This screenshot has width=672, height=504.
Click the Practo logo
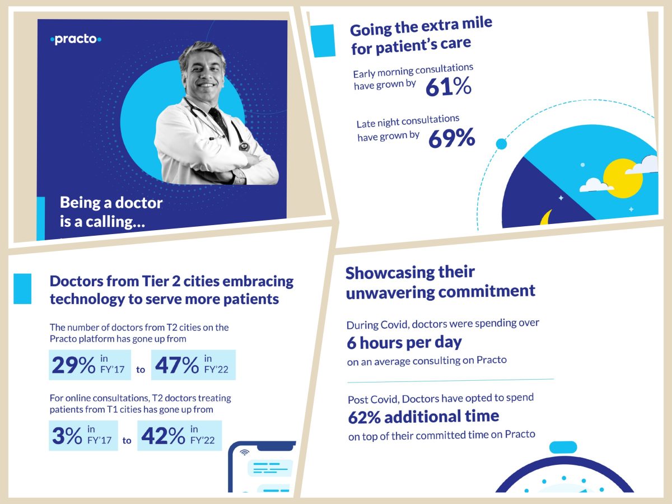tap(76, 40)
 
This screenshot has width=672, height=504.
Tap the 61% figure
tap(448, 87)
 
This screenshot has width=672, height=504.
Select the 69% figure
tap(451, 138)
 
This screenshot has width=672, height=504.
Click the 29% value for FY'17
tap(73, 366)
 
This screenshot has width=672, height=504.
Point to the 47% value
tap(175, 366)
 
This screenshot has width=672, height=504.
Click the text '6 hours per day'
tap(404, 343)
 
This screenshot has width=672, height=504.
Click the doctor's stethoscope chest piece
tap(244, 147)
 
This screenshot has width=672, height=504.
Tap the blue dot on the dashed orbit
tap(501, 144)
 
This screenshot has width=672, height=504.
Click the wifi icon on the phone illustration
tap(244, 452)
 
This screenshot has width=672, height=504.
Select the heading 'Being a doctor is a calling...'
tap(111, 212)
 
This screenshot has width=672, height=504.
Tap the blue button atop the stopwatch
tap(563, 447)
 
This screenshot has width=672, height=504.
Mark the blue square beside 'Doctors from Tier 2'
tap(22, 289)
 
